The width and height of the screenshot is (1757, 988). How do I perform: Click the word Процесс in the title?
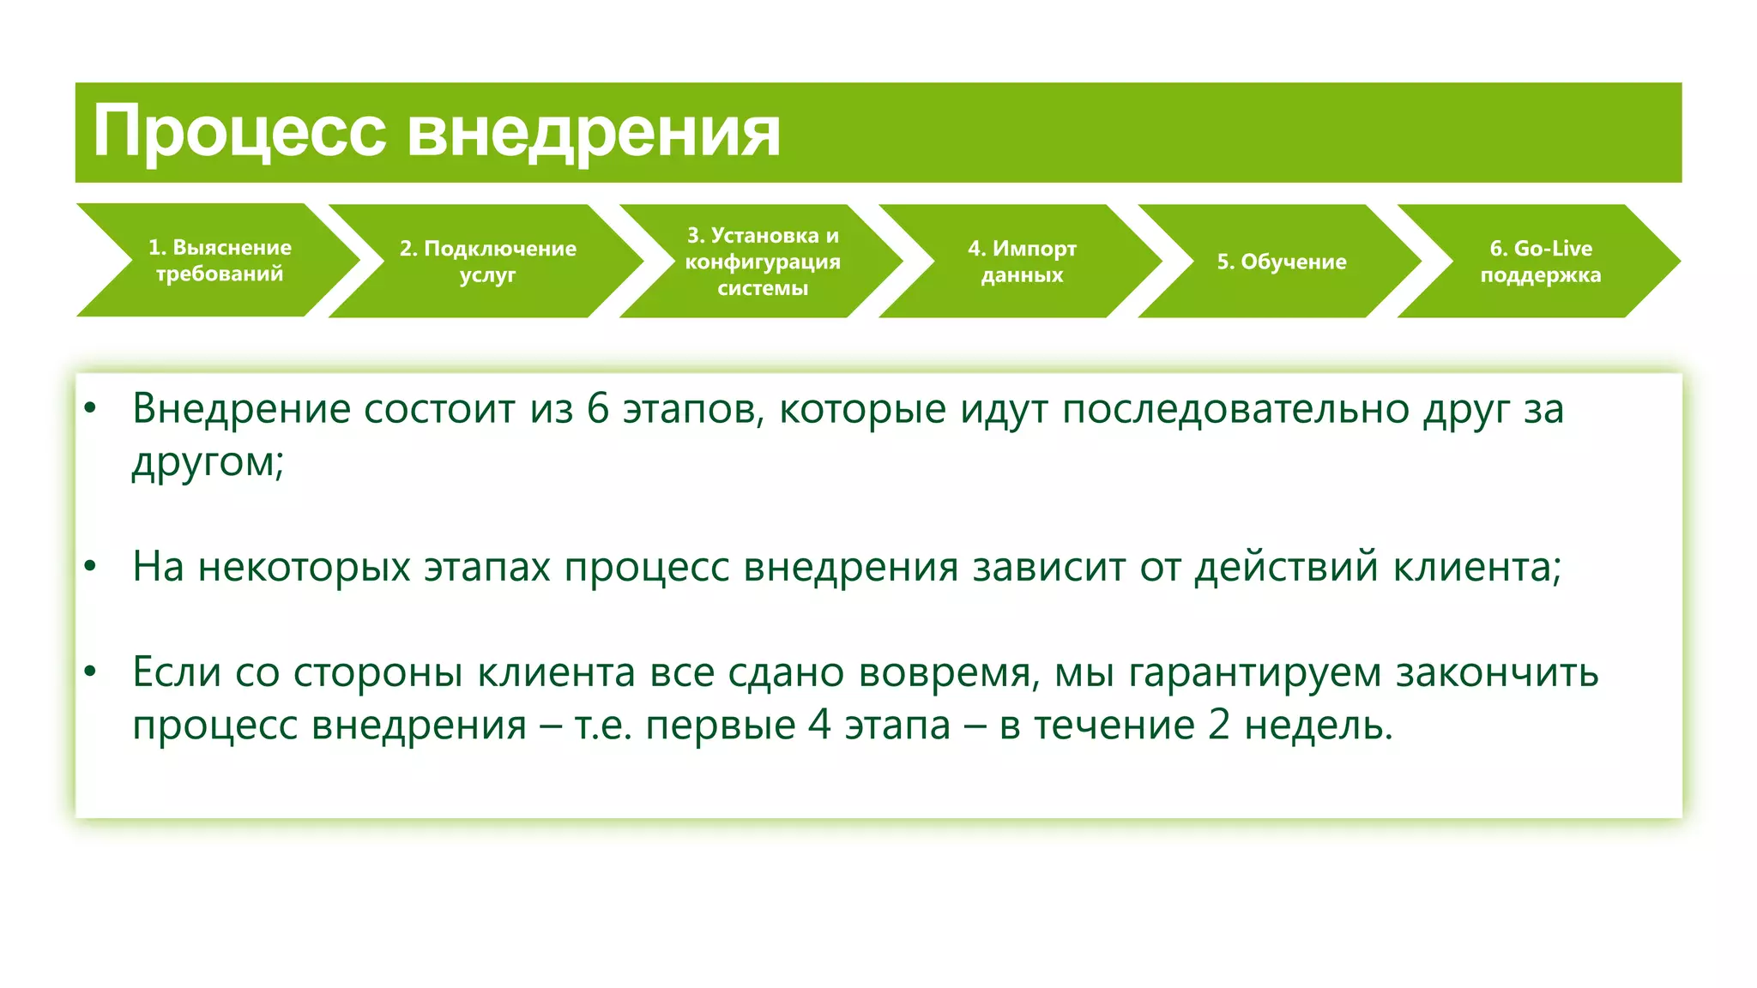click(x=239, y=133)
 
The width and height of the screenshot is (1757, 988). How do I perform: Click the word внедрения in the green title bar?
click(x=593, y=133)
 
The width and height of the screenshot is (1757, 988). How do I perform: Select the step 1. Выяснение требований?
click(x=220, y=260)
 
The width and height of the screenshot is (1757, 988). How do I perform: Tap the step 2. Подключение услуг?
click(x=487, y=261)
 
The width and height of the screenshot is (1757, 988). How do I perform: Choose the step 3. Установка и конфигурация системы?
click(x=762, y=261)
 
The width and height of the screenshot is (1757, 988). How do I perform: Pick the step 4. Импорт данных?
click(x=1022, y=261)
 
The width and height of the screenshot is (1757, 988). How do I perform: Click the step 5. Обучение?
click(x=1281, y=262)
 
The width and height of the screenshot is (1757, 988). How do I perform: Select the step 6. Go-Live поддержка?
click(x=1540, y=261)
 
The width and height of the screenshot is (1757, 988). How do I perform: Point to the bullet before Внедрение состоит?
click(x=90, y=408)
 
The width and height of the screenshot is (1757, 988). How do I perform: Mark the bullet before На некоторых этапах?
click(x=90, y=567)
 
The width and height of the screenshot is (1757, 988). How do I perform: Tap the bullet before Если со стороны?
click(x=90, y=672)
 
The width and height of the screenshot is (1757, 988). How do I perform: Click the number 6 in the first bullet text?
click(x=597, y=409)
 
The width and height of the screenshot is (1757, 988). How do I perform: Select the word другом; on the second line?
click(x=207, y=463)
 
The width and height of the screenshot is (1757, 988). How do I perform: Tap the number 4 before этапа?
click(x=819, y=726)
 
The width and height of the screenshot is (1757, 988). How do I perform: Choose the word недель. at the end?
click(x=1318, y=726)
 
